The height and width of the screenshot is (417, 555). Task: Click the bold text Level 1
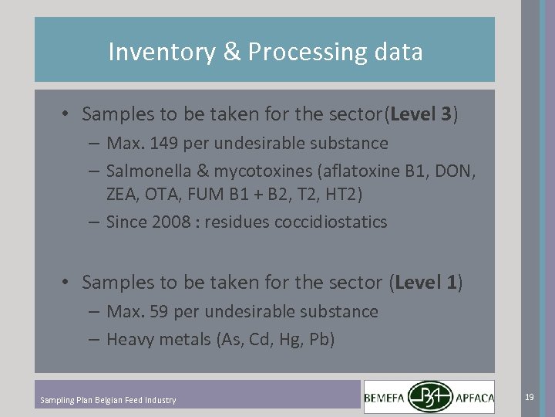tap(425, 283)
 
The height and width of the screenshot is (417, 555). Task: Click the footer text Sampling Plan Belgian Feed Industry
tap(108, 400)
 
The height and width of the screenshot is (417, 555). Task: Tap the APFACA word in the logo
tap(473, 398)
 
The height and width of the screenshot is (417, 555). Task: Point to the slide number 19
tap(529, 397)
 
